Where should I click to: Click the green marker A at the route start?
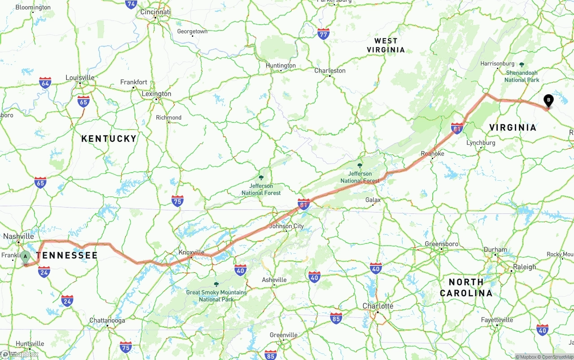pos(26,257)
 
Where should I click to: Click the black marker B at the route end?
pos(548,100)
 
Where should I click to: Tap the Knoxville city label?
pos(191,252)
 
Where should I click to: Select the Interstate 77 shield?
pos(323,34)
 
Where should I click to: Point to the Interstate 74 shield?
pos(131,4)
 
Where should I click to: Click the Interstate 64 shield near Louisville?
pos(45,82)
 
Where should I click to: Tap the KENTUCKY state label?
pos(109,139)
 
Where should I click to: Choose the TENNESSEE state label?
pos(67,256)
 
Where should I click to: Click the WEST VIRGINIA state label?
pos(386,45)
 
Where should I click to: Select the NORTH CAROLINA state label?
pos(466,287)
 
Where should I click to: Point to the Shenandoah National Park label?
pos(522,76)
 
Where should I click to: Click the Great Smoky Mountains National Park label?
pos(216,295)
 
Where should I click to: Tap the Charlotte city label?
pos(378,306)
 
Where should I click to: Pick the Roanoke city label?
pos(432,154)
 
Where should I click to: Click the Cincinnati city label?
pos(155,12)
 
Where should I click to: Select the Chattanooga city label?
pos(107,321)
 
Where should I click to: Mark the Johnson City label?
pos(286,226)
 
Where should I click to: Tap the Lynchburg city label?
pos(481,143)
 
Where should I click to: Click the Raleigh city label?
pos(524,267)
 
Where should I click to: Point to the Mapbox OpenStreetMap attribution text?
pos(544,357)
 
